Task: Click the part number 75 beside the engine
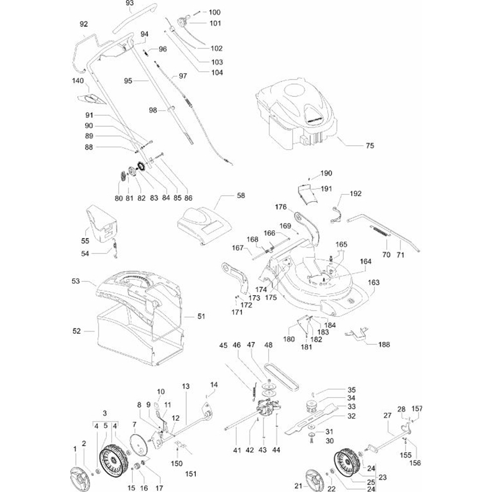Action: click(x=370, y=146)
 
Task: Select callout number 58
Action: click(x=241, y=195)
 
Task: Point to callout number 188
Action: click(x=384, y=344)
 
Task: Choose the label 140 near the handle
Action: click(x=78, y=80)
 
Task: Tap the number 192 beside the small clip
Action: click(x=356, y=193)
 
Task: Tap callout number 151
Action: click(x=190, y=474)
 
